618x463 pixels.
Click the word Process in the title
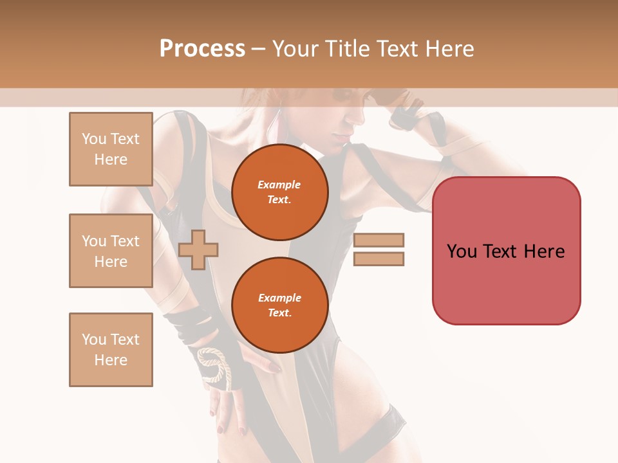[x=202, y=49]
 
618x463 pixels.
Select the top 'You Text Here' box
[x=111, y=149]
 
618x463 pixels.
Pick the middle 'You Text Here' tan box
[x=111, y=251]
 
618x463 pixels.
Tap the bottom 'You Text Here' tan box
[x=111, y=349]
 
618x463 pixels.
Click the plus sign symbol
[x=198, y=250]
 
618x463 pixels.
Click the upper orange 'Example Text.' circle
[x=279, y=192]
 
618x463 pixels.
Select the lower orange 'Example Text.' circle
[x=279, y=305]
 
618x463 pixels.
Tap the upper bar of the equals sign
[x=379, y=240]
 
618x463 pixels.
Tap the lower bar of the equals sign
[x=379, y=259]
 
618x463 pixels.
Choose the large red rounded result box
[x=506, y=250]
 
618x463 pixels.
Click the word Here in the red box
[x=544, y=251]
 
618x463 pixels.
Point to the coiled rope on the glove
[x=213, y=366]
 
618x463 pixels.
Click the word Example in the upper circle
[x=279, y=185]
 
